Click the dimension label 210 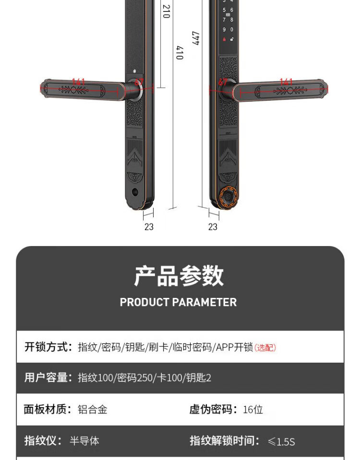(x=166, y=12)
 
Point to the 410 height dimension (x=180, y=53)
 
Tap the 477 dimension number (x=195, y=38)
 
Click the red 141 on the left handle (x=78, y=82)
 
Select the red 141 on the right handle (x=286, y=82)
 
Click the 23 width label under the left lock (x=149, y=226)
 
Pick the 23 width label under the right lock (x=213, y=226)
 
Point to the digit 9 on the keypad (x=224, y=29)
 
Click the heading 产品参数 (x=179, y=276)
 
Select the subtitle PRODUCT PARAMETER (x=178, y=302)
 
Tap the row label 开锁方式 (x=48, y=347)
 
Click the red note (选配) (x=265, y=347)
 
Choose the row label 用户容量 (x=48, y=377)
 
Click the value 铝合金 (x=93, y=409)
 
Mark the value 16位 (x=253, y=409)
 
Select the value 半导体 (x=84, y=440)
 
